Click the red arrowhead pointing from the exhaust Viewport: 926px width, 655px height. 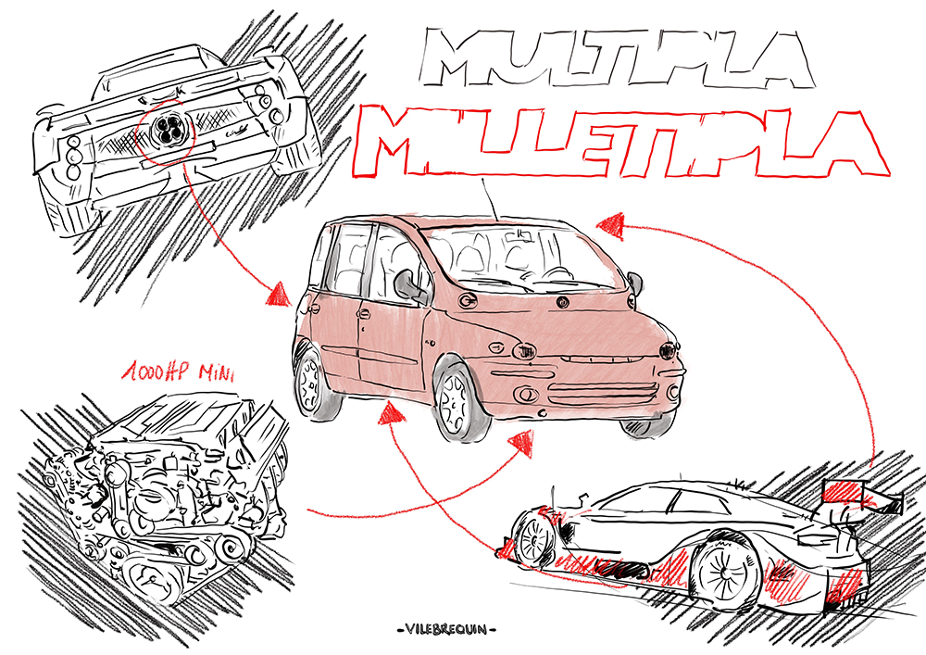pyautogui.click(x=278, y=296)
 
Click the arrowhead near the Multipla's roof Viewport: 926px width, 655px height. pyautogui.click(x=608, y=223)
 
